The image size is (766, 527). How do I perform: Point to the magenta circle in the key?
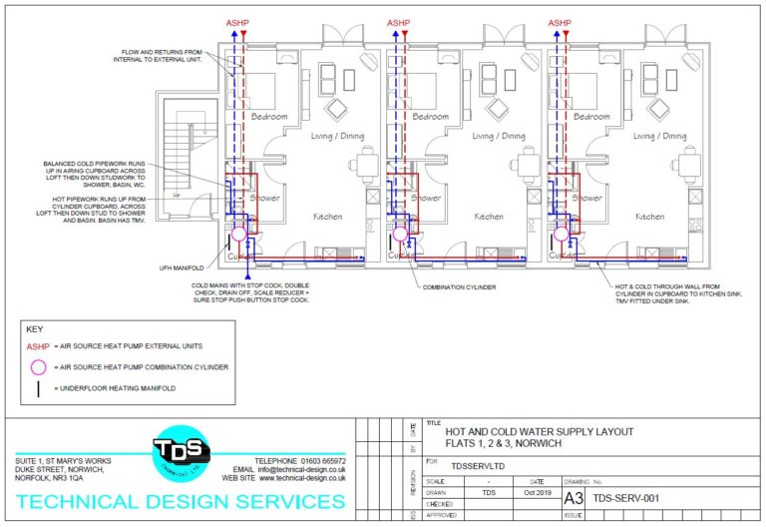coord(39,367)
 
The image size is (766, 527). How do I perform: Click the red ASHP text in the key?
coord(38,346)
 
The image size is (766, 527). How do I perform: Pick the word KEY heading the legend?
coord(34,328)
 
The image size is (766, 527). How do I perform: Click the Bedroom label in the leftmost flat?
coord(269,117)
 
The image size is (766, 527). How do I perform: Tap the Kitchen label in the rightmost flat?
coord(649,216)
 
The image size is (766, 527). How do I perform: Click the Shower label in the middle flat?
coord(427,198)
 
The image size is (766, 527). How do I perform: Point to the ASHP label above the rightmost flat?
coord(559,22)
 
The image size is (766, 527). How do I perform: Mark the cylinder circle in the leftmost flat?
coord(239,236)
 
